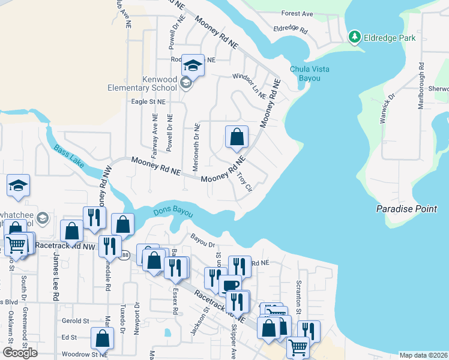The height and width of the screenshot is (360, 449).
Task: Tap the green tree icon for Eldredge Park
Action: pos(355,38)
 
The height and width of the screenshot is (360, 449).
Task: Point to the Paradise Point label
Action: pos(412,209)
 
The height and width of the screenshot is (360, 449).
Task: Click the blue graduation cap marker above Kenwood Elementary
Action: pos(193,65)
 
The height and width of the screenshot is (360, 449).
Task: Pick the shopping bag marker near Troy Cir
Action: pos(237,137)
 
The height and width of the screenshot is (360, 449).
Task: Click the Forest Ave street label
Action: pos(297,13)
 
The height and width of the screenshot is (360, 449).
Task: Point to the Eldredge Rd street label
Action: pos(291,29)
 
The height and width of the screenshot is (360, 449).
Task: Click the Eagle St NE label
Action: pos(148,102)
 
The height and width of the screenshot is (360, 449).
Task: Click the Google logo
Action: pos(20,353)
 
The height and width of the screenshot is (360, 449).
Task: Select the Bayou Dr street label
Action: pos(203,244)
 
